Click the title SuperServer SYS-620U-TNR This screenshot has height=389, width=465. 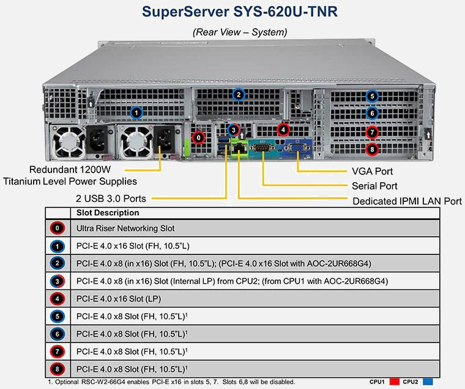point(239,11)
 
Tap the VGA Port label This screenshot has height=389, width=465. point(372,171)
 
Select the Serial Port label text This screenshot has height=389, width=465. point(374,185)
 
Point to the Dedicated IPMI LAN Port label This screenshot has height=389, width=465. point(407,201)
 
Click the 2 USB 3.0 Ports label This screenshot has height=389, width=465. point(113,198)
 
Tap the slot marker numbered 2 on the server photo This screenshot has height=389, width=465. point(239,94)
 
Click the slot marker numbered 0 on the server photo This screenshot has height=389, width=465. point(199,137)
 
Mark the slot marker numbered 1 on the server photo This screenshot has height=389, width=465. point(136,112)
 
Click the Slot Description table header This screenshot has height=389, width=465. point(108,213)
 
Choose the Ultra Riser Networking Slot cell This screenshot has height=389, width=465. point(125,228)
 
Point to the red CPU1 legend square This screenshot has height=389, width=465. point(393,382)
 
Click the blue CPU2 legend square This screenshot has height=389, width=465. point(429,382)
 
